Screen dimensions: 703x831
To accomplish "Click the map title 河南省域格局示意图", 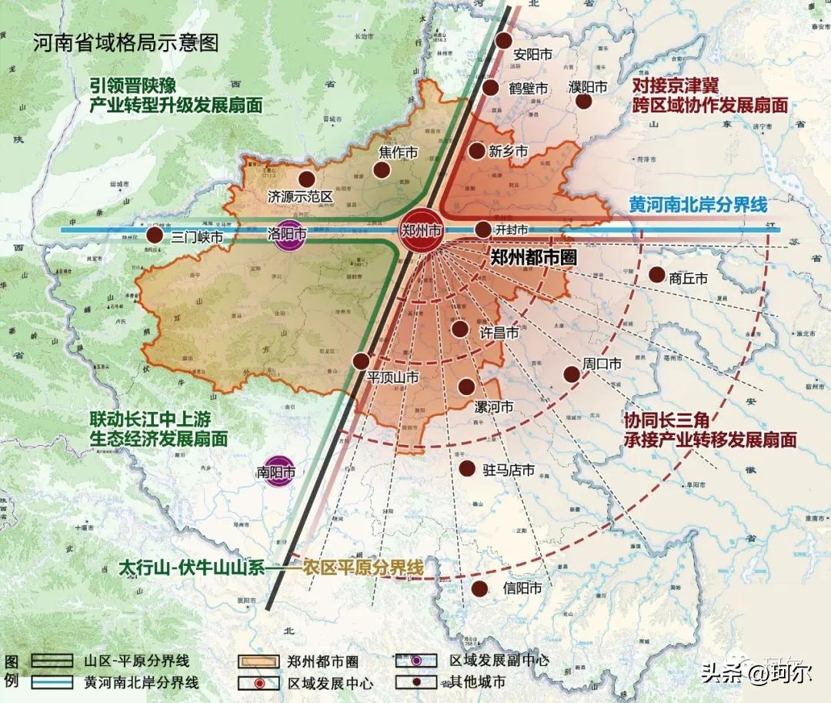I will coord(125,42).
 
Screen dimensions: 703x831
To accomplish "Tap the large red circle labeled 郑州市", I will coord(422,230).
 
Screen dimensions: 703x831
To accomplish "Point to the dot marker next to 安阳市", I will coord(503,42).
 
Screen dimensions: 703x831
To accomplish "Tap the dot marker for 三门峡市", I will coord(155,235).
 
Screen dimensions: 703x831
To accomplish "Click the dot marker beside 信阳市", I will coord(479,589).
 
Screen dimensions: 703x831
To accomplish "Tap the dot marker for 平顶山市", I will coord(361,360).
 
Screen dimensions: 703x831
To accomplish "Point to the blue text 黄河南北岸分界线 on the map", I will coord(698,206).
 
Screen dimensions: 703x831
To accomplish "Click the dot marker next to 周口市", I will coord(571,374).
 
